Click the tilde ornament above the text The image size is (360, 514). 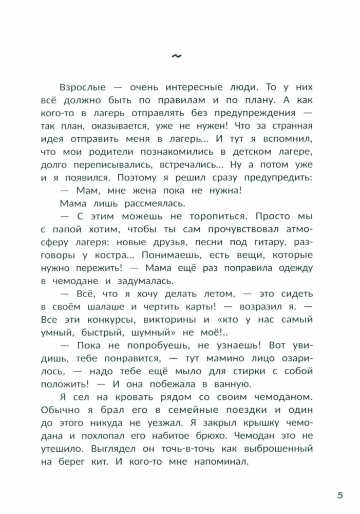click(x=180, y=57)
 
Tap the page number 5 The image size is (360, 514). click(x=339, y=496)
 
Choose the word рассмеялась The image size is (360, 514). click(x=143, y=203)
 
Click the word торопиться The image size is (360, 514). click(x=220, y=216)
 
